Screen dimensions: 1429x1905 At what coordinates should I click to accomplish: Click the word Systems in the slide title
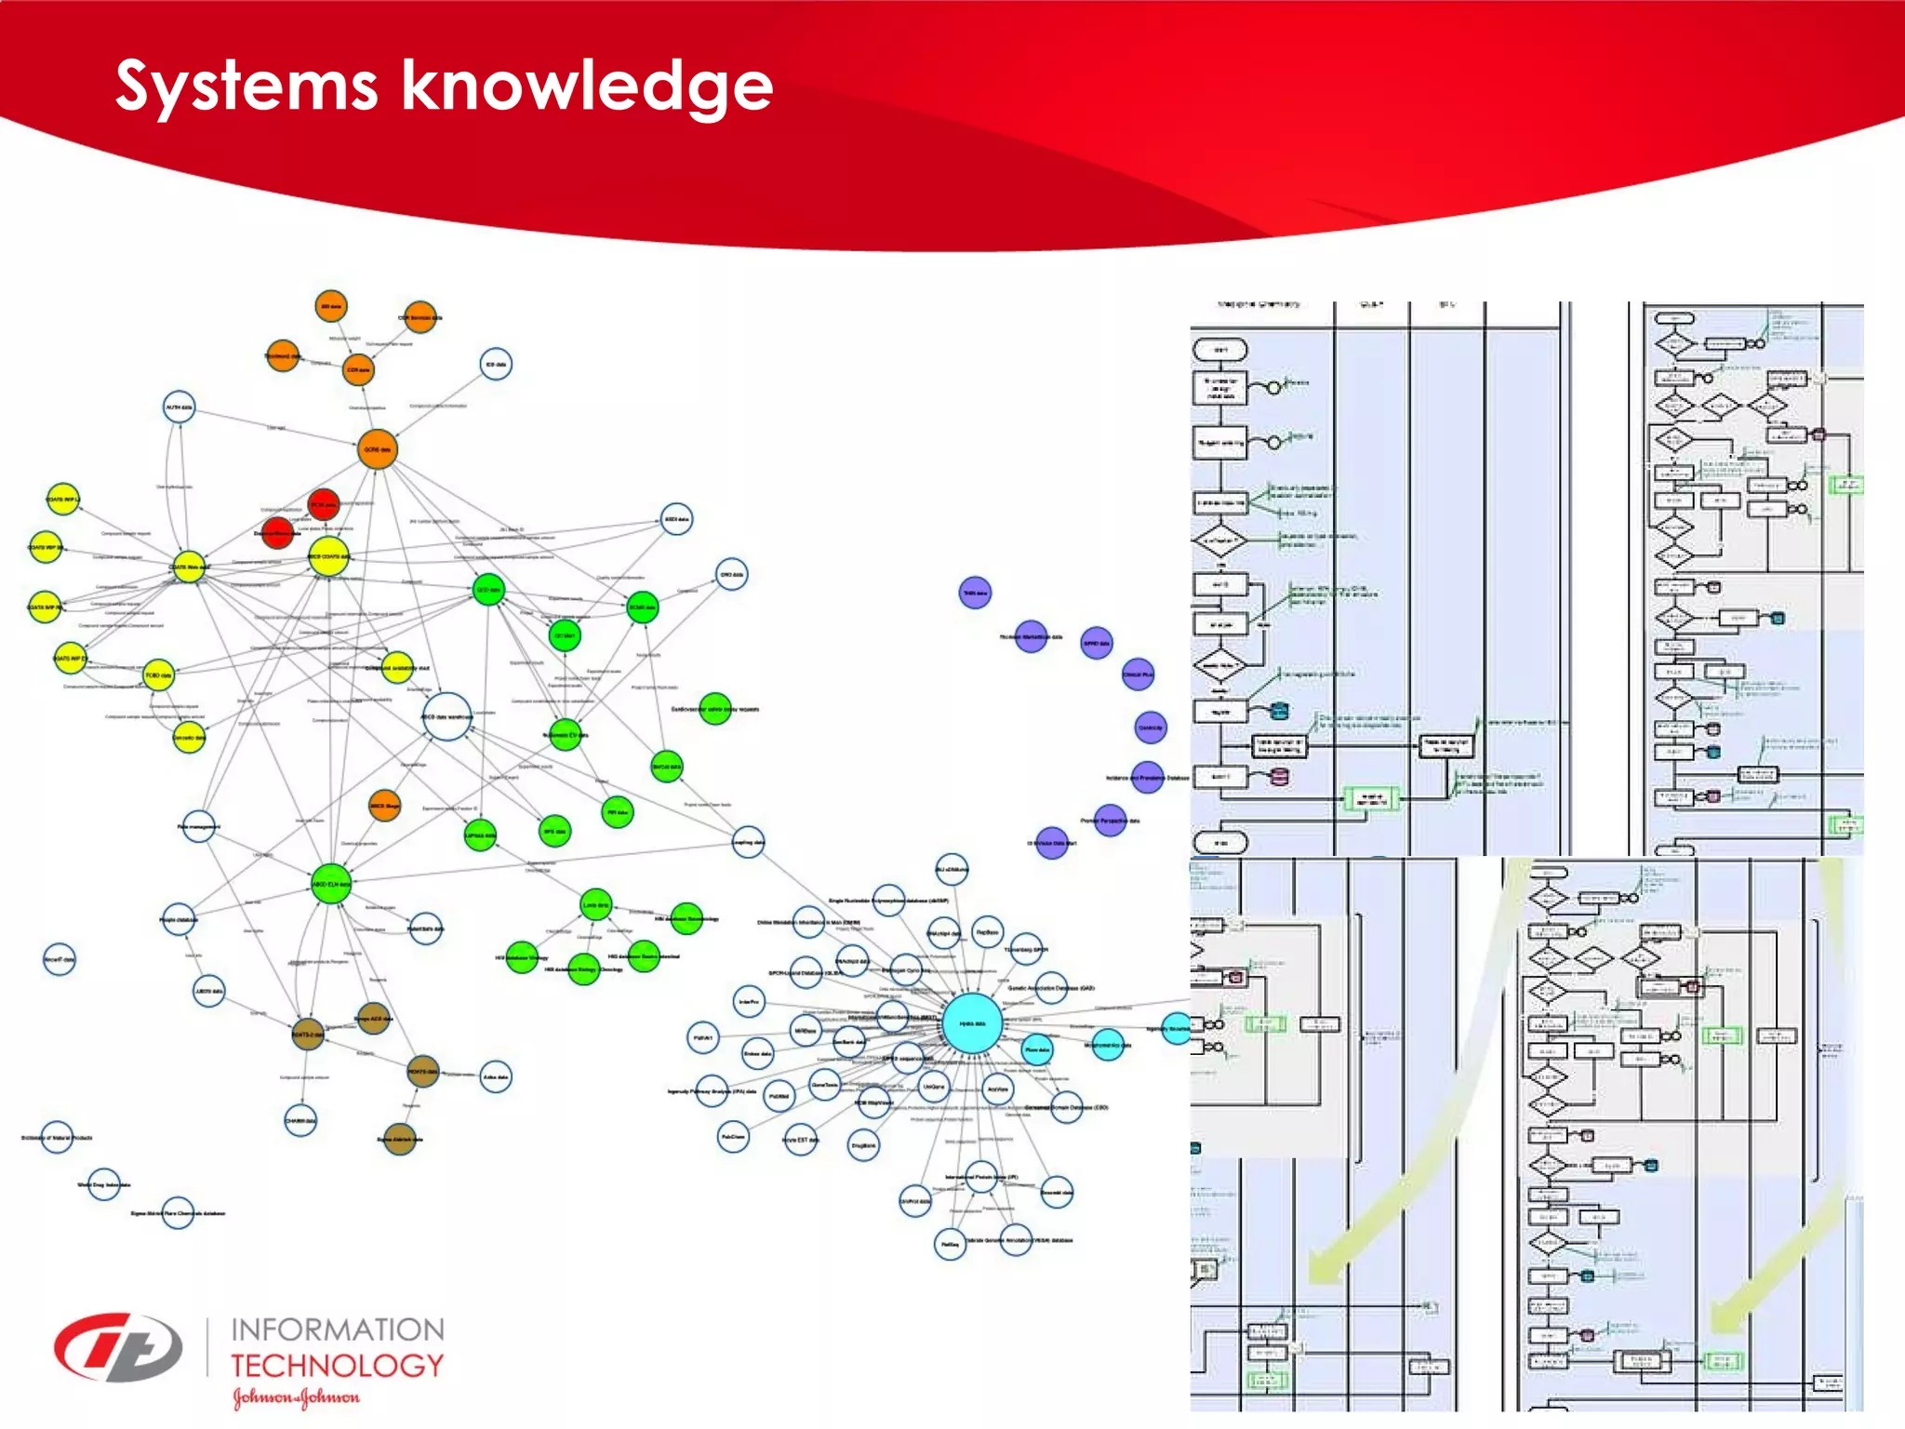point(246,87)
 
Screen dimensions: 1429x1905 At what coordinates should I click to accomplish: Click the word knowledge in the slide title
point(587,87)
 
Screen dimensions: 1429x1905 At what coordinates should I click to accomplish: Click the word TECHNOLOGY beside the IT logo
point(337,1366)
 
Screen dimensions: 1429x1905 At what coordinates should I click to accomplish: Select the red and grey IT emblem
point(118,1348)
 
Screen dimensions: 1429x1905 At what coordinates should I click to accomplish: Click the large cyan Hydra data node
point(972,1023)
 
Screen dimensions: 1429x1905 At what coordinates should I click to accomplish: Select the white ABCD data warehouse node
point(447,716)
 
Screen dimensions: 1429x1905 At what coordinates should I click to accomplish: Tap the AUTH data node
point(179,407)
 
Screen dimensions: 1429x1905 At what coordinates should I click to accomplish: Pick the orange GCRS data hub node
point(378,449)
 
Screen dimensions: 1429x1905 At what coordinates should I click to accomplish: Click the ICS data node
point(496,365)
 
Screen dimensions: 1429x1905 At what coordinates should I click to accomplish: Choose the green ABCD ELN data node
point(331,884)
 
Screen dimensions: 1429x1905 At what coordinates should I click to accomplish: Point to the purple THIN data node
point(975,593)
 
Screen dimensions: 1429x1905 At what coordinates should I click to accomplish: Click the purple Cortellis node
point(1151,728)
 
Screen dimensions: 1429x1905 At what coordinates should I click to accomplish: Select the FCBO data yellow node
point(159,675)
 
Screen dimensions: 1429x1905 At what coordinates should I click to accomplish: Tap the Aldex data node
point(496,1077)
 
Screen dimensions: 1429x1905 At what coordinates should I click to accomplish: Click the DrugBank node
point(863,1145)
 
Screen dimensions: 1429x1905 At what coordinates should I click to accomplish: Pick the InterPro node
point(749,1002)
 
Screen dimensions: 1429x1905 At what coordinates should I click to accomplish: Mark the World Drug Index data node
point(104,1184)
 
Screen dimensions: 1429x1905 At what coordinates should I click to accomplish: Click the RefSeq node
point(950,1244)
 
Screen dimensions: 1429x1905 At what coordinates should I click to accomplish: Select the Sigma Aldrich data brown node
point(399,1139)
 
